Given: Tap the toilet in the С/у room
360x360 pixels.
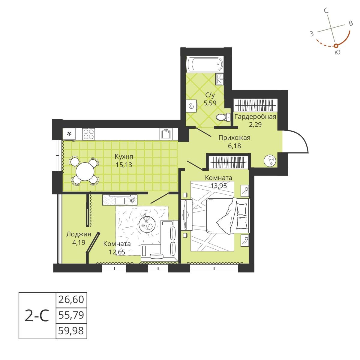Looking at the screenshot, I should pyautogui.click(x=222, y=117).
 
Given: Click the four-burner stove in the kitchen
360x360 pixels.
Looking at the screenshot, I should pyautogui.click(x=88, y=133).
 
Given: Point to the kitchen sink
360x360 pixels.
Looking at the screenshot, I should pyautogui.click(x=166, y=134).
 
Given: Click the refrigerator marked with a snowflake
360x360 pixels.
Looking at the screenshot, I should pyautogui.click(x=69, y=134).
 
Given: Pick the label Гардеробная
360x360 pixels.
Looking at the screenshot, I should pyautogui.click(x=255, y=117).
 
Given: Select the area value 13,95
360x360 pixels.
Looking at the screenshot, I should pyautogui.click(x=218, y=185).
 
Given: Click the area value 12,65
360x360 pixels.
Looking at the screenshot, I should pyautogui.click(x=117, y=252).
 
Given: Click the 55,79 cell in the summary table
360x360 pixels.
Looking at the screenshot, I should pyautogui.click(x=71, y=315).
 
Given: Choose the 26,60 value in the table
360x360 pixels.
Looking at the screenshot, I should pyautogui.click(x=71, y=300).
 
